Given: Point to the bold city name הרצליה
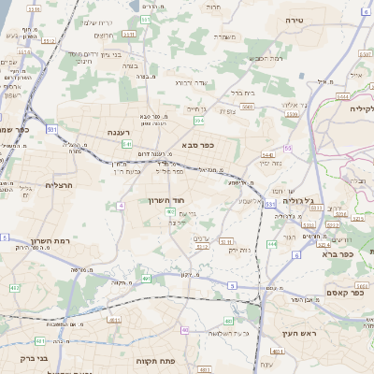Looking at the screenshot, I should point(39,185).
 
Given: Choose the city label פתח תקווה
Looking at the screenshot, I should point(156,360).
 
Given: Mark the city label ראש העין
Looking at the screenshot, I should point(280,333).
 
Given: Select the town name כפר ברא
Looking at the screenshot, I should point(337,253).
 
